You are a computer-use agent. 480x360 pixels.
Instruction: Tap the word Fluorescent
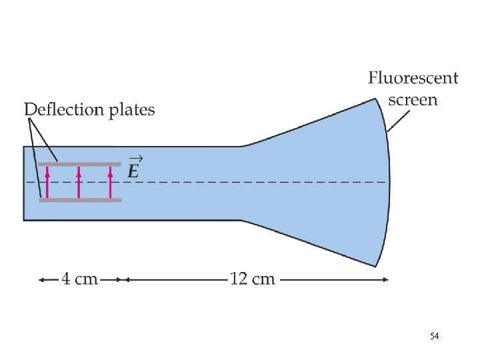(413, 78)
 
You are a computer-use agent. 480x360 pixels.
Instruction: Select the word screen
(413, 100)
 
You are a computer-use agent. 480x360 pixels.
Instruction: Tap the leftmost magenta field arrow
(47, 182)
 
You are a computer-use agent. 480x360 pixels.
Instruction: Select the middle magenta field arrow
(79, 182)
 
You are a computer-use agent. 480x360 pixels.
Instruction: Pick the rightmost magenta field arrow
(111, 182)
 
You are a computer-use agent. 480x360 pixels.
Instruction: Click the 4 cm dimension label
(80, 279)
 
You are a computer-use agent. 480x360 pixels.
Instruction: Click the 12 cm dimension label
(252, 279)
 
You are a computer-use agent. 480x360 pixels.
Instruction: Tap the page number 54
(434, 337)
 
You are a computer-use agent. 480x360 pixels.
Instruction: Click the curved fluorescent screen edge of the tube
(389, 180)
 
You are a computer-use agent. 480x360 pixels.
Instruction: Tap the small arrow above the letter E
(135, 159)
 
